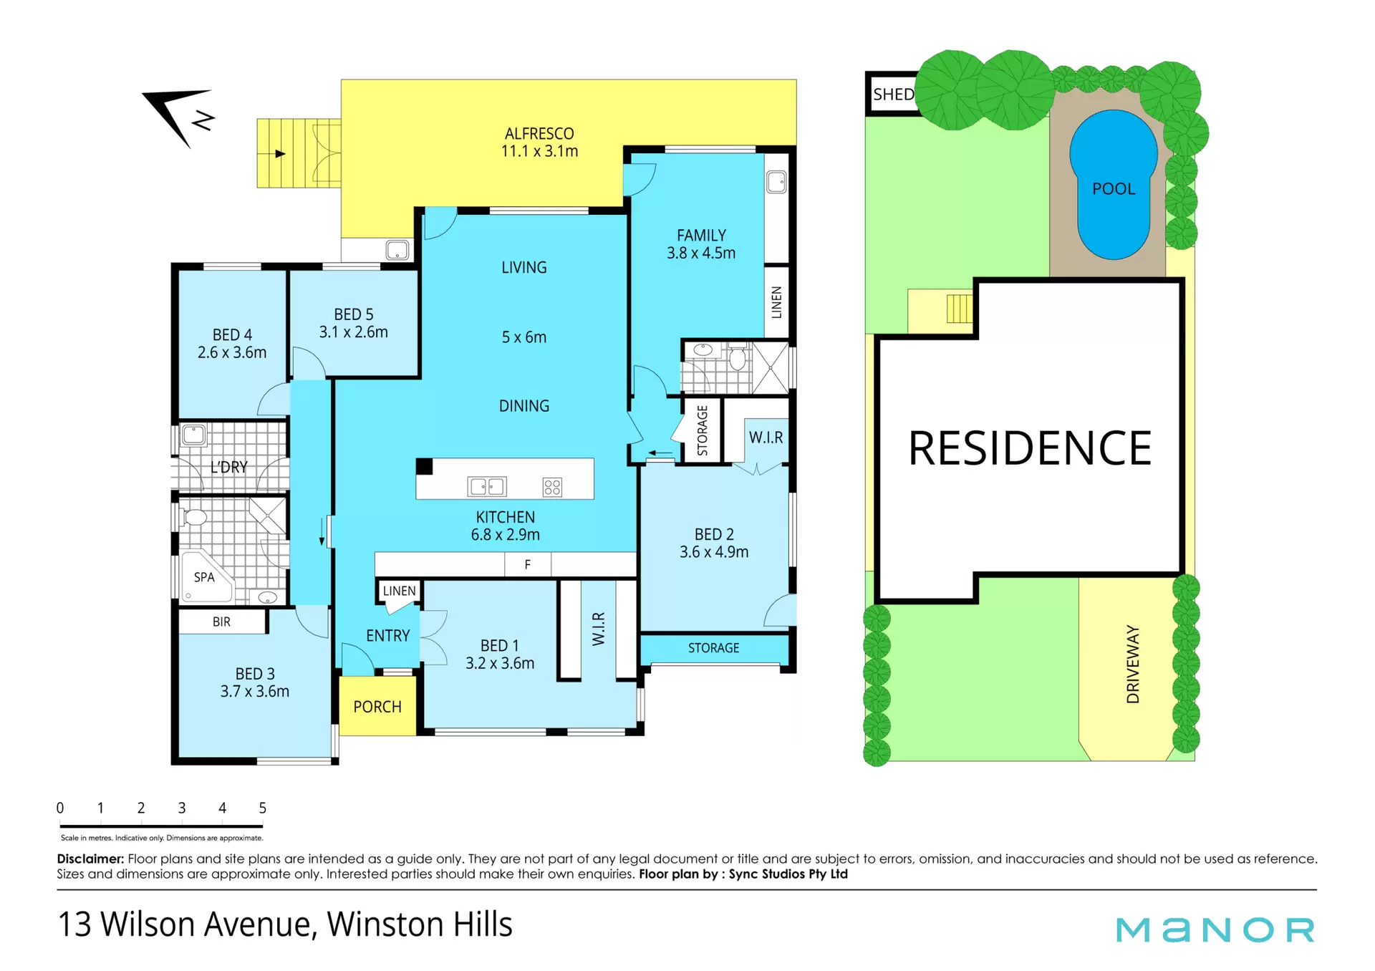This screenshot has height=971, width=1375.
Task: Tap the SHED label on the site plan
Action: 893,95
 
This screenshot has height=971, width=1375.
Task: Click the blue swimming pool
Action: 1113,185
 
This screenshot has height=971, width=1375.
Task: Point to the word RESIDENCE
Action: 1030,448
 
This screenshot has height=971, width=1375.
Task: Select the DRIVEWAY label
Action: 1132,664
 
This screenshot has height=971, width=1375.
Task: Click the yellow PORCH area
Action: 377,706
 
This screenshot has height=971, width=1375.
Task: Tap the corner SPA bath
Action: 205,576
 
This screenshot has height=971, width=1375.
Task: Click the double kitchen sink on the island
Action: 487,487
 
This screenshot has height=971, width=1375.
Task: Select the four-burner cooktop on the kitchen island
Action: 552,487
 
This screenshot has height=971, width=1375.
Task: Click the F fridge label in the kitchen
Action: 528,565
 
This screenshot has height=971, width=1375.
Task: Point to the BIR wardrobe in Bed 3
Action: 222,622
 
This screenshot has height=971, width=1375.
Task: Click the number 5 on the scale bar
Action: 263,808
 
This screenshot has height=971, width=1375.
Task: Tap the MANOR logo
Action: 1215,929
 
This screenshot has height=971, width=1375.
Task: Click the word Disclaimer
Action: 90,859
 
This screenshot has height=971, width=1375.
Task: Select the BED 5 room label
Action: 354,323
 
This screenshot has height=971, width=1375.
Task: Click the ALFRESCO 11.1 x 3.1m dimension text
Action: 539,151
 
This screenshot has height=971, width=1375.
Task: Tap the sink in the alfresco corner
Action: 397,250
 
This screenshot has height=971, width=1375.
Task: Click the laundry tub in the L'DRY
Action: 193,435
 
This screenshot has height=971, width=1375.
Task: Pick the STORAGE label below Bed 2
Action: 713,648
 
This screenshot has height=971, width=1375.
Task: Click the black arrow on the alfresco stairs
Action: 281,153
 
